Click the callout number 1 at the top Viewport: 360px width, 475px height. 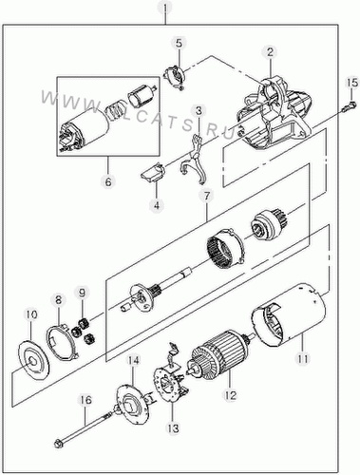(x=164, y=7)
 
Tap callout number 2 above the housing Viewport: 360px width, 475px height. (x=270, y=52)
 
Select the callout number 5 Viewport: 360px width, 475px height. (x=180, y=44)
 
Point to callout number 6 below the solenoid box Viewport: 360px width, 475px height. (x=108, y=182)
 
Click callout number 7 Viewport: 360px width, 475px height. (x=206, y=197)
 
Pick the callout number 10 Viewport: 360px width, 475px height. (x=31, y=314)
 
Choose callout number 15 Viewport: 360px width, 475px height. (x=352, y=83)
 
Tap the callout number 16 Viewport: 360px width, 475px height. (x=85, y=400)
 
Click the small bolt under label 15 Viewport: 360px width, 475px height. (x=348, y=106)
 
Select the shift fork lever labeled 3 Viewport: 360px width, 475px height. (x=193, y=159)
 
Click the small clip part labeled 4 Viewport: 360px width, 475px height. (x=153, y=172)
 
